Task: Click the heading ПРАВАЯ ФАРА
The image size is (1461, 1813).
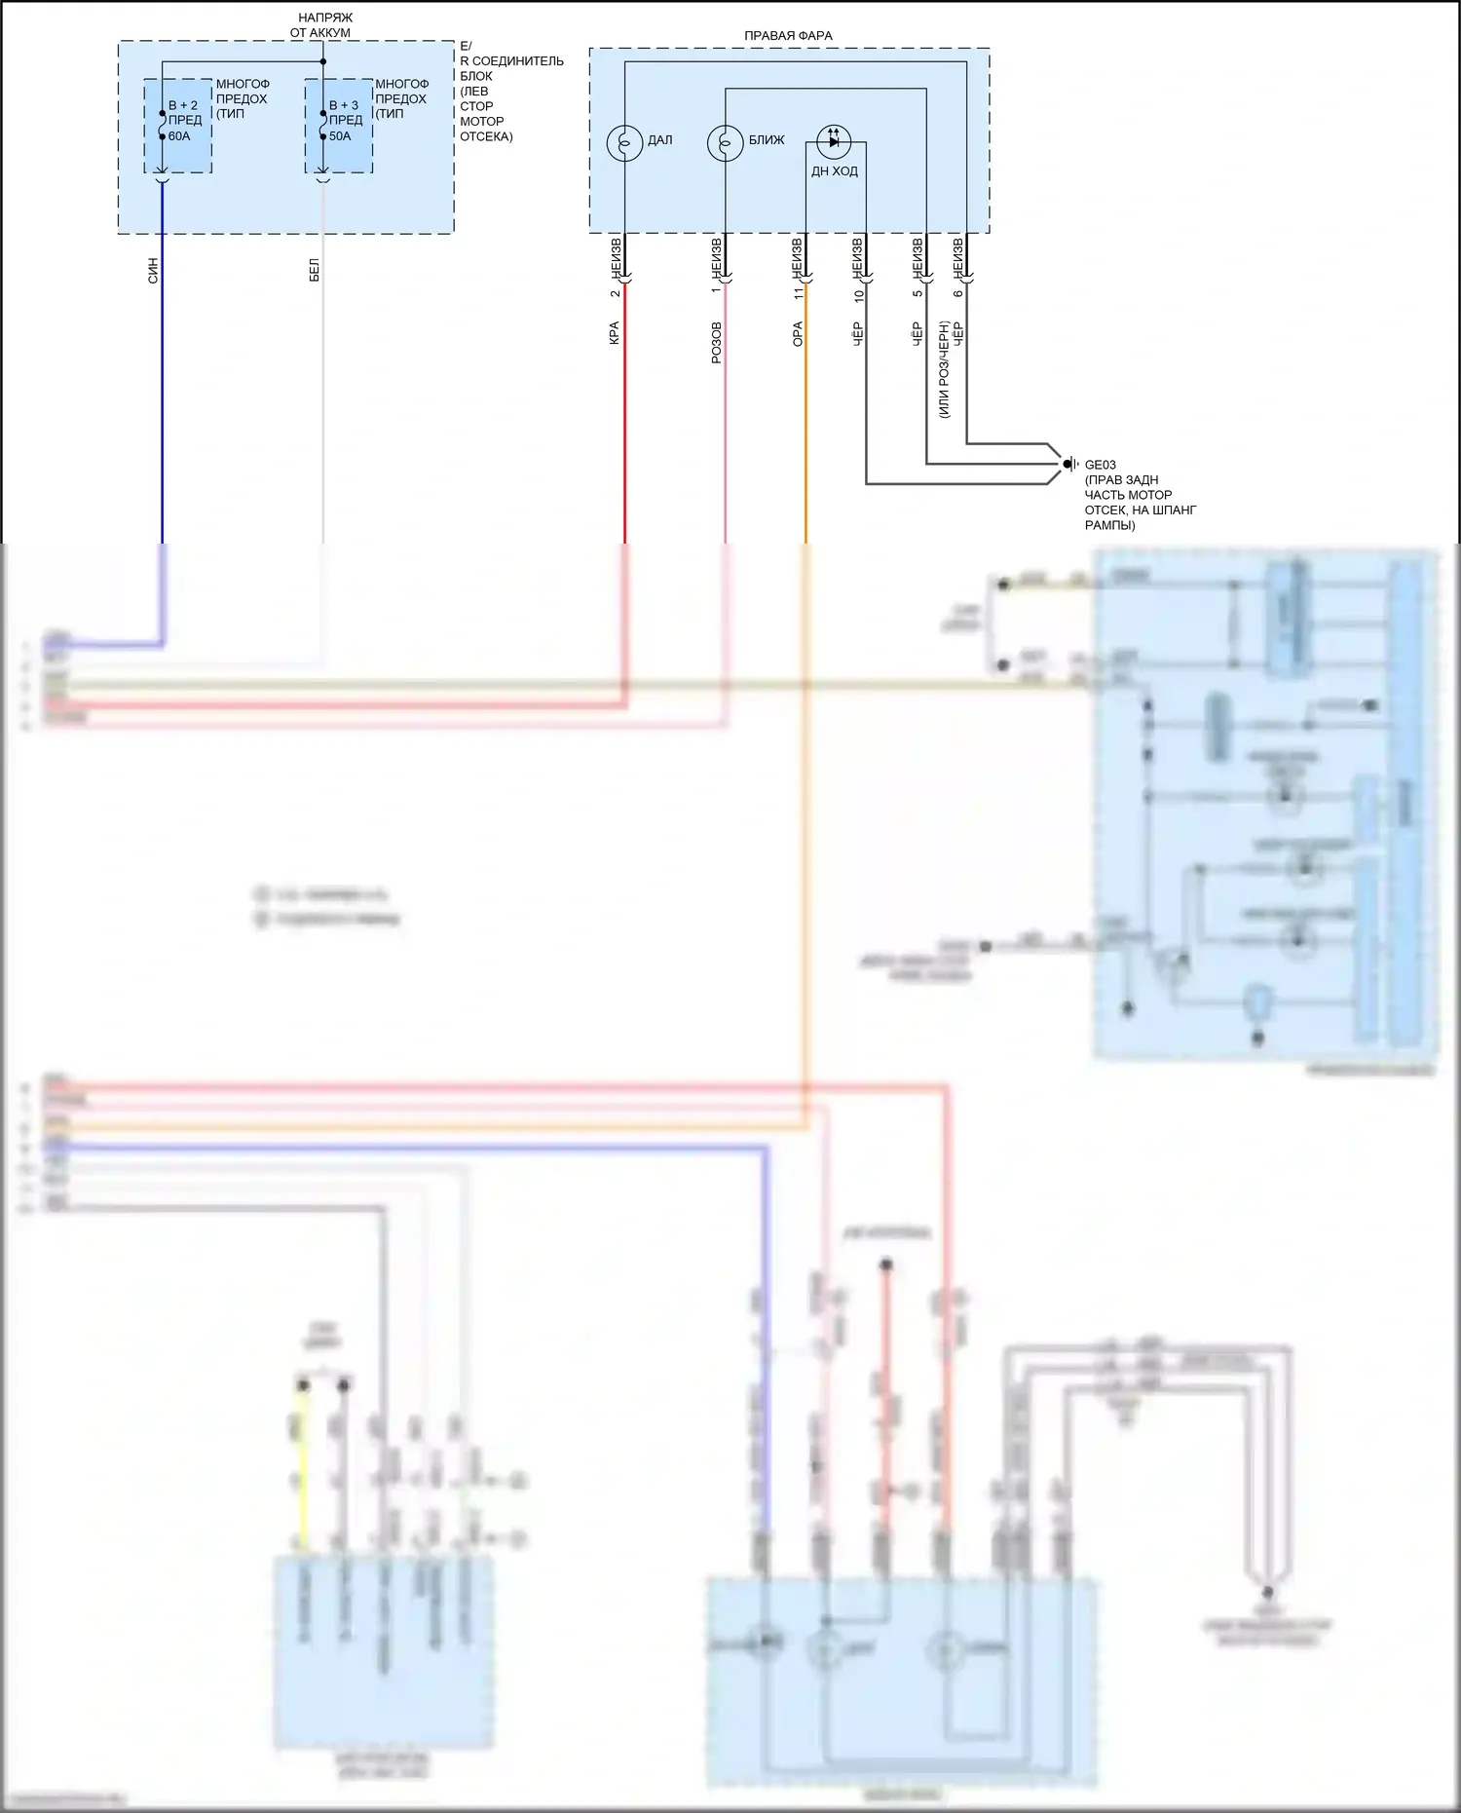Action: tap(788, 36)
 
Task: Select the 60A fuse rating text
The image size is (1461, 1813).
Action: tap(179, 136)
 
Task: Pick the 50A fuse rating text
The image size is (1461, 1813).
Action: tap(340, 136)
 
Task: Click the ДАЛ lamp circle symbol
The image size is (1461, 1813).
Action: tap(624, 142)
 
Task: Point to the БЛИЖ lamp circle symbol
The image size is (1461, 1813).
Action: tap(725, 142)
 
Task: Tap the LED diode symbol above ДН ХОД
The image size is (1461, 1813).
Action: tap(833, 140)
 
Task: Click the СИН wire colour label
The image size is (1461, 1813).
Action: tap(153, 271)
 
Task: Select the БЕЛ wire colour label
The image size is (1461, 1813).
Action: tap(314, 271)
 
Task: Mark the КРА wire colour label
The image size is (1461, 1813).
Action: tap(614, 333)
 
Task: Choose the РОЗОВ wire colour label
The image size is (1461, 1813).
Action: tap(716, 343)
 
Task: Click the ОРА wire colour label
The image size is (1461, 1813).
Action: tap(797, 334)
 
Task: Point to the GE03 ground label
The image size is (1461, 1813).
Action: tap(1101, 465)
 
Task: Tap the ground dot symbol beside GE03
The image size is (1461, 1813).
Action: tap(1068, 464)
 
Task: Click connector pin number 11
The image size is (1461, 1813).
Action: tap(798, 292)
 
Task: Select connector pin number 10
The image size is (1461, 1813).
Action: tap(858, 295)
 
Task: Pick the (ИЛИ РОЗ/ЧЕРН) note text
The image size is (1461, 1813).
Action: tap(943, 370)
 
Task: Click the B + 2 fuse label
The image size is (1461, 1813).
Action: tap(183, 105)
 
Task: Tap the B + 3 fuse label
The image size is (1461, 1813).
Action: tap(344, 105)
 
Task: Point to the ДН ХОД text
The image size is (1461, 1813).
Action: tap(835, 171)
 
